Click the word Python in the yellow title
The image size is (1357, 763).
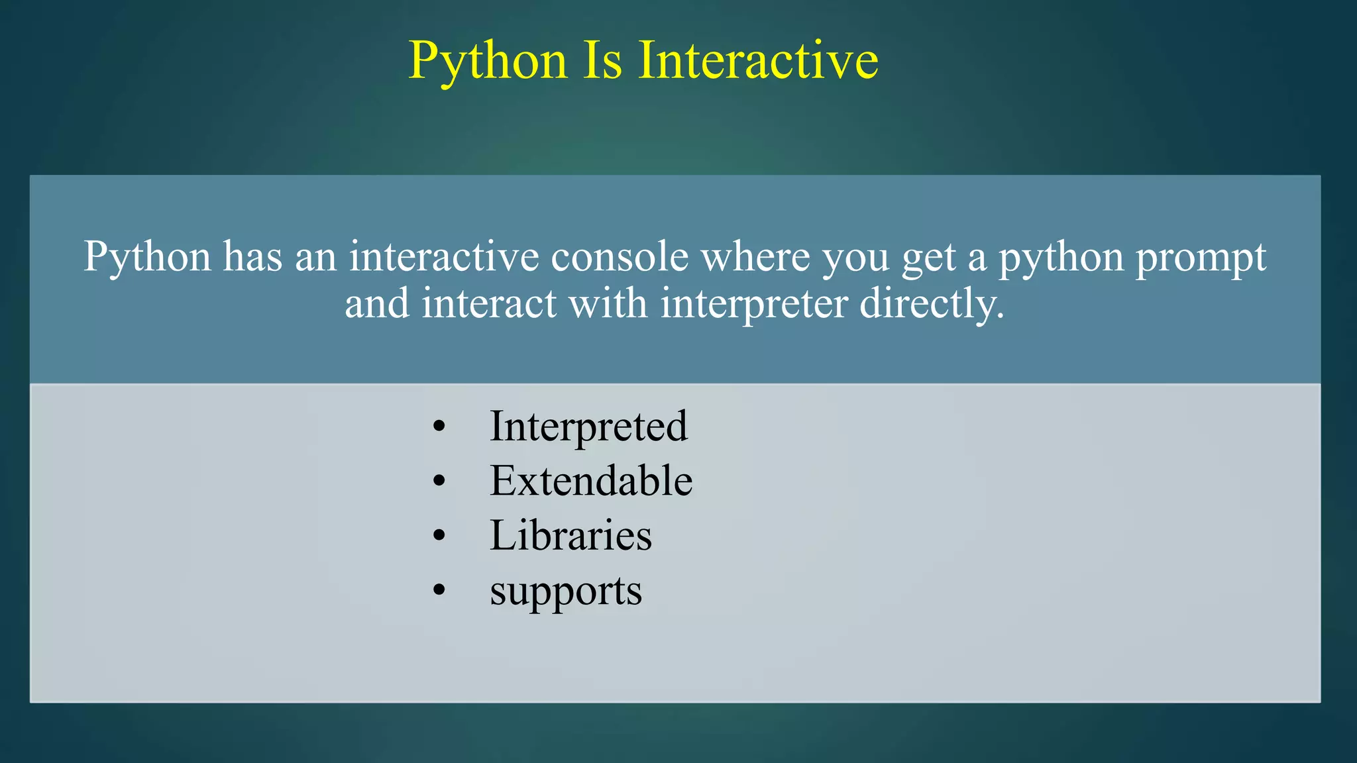tap(488, 61)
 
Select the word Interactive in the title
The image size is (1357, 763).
tap(758, 61)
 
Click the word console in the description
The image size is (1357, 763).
tap(620, 257)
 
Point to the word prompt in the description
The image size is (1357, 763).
tap(1201, 258)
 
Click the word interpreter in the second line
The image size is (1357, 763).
tap(754, 305)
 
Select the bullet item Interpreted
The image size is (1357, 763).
tap(588, 427)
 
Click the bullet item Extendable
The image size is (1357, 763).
tap(591, 481)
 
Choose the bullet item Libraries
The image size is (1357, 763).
tap(570, 535)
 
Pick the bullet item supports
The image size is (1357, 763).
tap(566, 591)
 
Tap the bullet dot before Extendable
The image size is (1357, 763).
tap(439, 482)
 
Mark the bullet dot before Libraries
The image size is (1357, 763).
tap(439, 536)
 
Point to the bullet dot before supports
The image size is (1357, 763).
tap(439, 591)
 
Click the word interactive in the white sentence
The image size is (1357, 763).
tap(444, 257)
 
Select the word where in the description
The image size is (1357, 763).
tap(755, 257)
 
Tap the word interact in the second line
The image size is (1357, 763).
tap(489, 305)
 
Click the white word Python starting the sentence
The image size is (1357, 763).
tap(147, 257)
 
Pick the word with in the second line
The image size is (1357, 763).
tap(608, 305)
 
